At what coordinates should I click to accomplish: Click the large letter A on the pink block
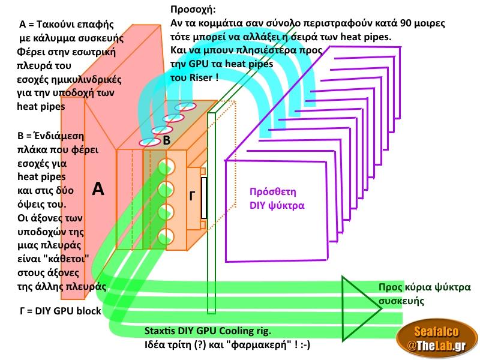tap(99, 190)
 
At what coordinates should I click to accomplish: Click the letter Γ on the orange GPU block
tap(193, 195)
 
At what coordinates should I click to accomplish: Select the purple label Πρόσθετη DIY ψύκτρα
tap(277, 199)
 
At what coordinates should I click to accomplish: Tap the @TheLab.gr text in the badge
tap(437, 345)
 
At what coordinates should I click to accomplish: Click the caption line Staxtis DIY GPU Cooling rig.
tap(208, 331)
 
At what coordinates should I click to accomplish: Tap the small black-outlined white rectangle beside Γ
tap(204, 197)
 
